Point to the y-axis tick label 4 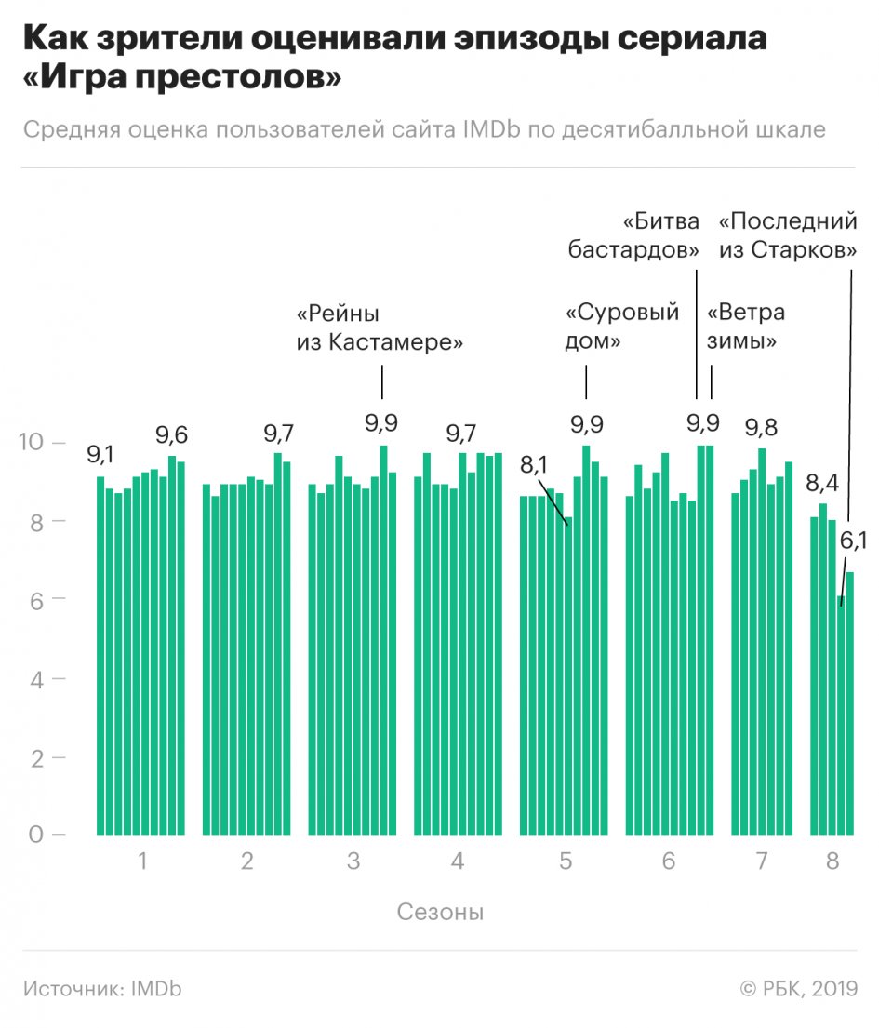(37, 678)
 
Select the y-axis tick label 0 (34, 834)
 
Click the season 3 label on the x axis (353, 861)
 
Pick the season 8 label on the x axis (832, 861)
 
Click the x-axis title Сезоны (440, 911)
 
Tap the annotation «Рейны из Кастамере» (380, 327)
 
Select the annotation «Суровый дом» (622, 327)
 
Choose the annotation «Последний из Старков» (788, 236)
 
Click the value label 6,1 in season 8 (854, 539)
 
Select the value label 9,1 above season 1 (100, 455)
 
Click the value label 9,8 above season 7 (761, 428)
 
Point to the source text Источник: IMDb (102, 988)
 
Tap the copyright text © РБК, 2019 (797, 988)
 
